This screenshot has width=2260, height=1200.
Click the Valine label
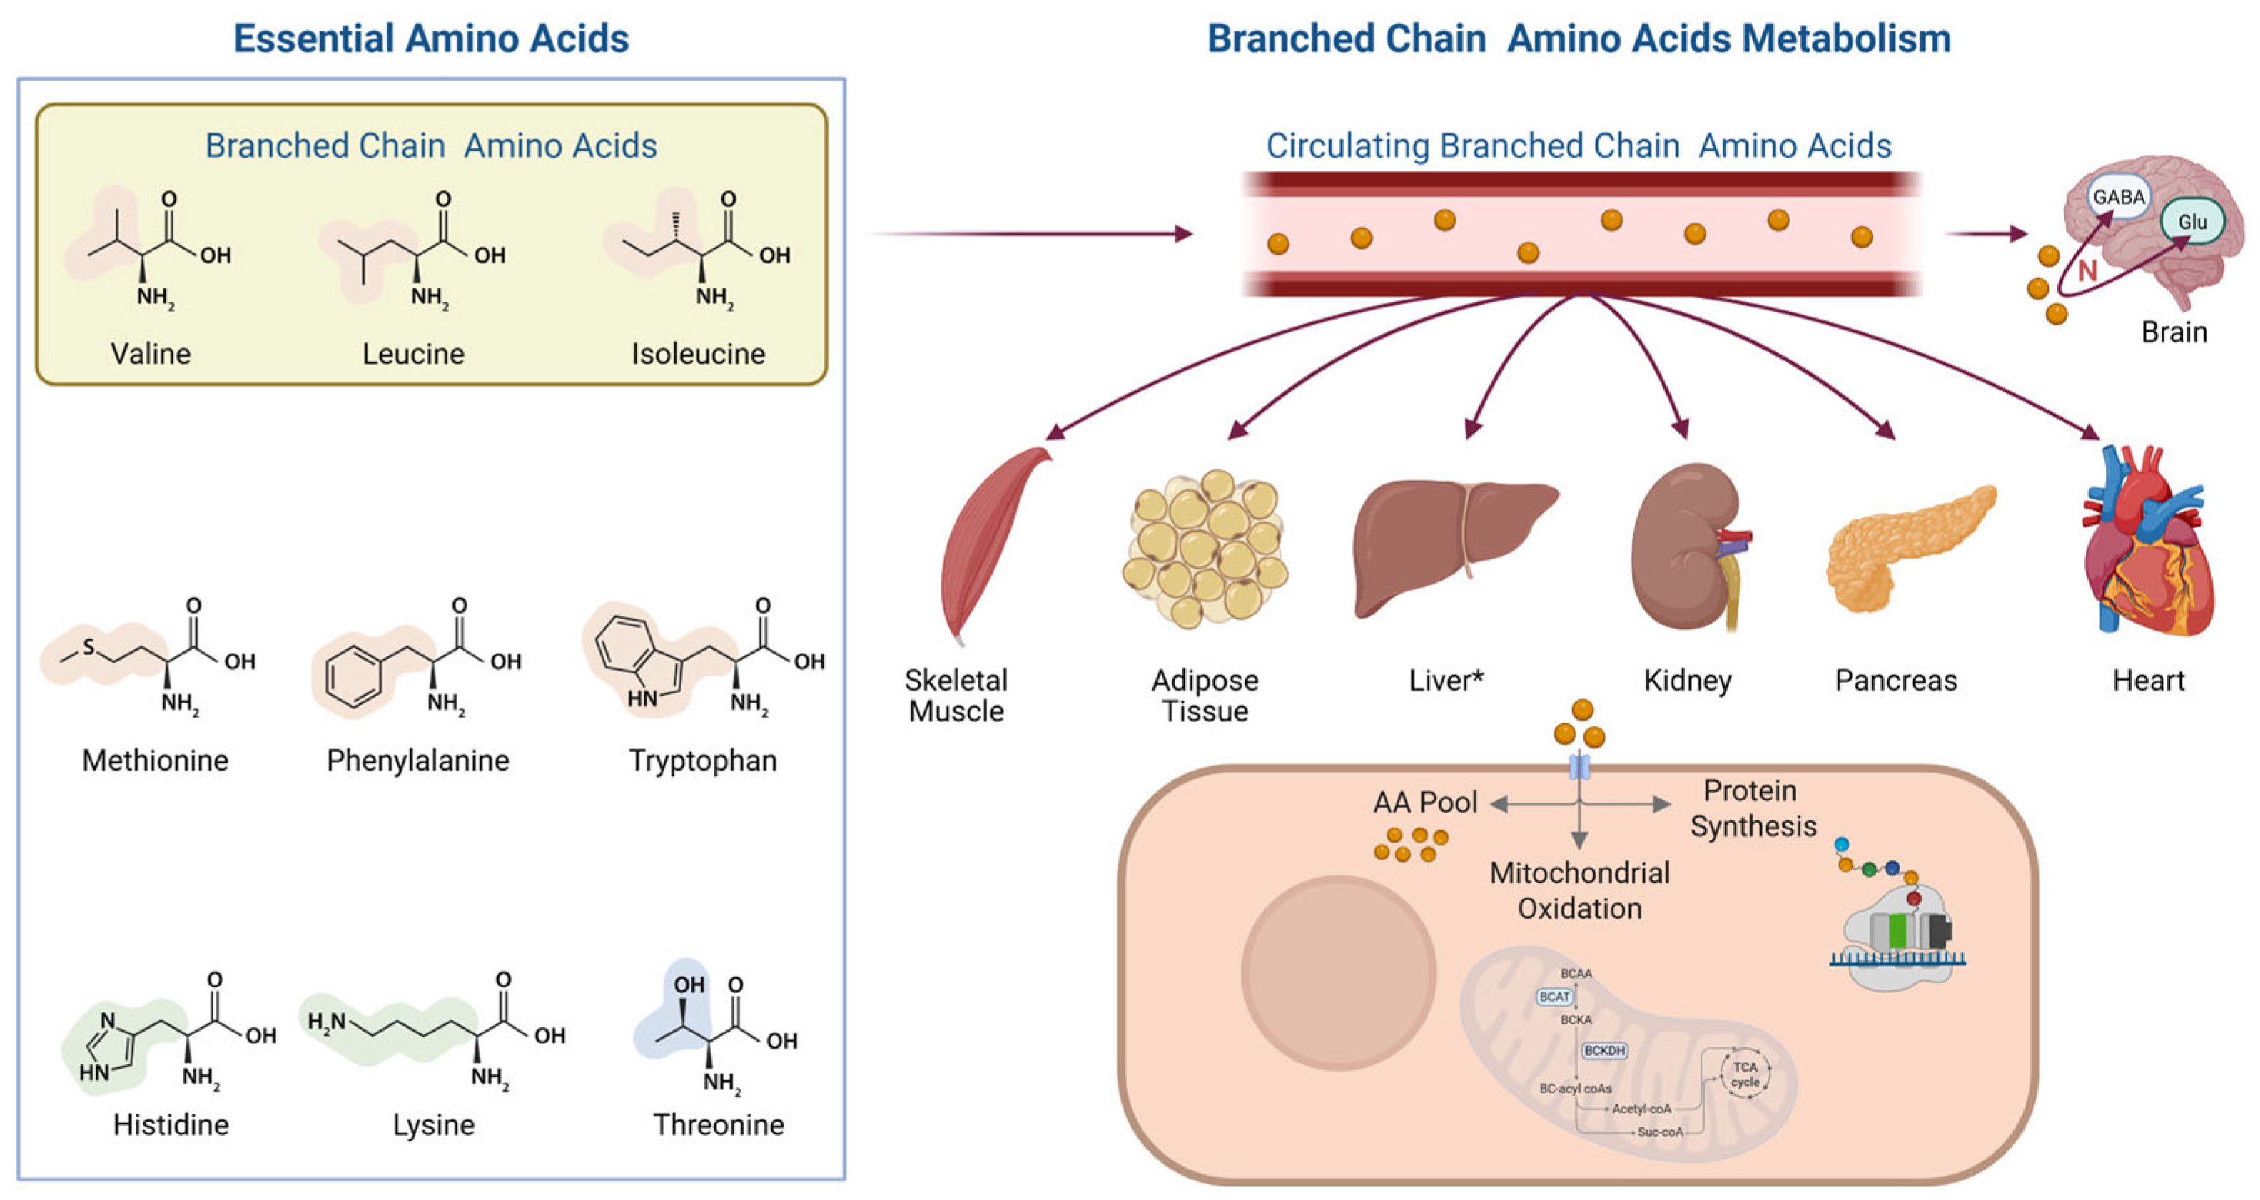pos(150,354)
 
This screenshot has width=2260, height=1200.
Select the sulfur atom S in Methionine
pos(88,647)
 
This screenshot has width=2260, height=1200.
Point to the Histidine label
pos(171,1124)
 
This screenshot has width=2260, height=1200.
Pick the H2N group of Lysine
pos(326,1022)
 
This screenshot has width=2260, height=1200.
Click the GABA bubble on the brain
pos(2119,196)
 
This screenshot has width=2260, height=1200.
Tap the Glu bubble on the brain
pos(2192,221)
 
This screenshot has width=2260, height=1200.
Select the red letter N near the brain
pos(2087,271)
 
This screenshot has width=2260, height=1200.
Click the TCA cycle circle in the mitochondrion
pos(1745,1074)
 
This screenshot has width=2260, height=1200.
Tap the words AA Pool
pos(1425,803)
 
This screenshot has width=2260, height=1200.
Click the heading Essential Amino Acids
pos(431,39)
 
